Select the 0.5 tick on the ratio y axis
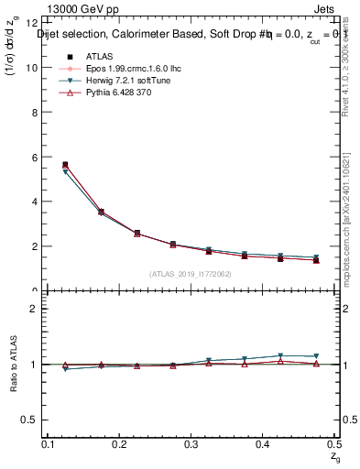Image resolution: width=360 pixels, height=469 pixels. pos(29,420)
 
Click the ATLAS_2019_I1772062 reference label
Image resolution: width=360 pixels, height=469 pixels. pos(190,274)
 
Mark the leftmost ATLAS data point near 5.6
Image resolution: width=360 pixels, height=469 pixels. pos(64,165)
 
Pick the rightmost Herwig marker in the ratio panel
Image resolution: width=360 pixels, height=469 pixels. pos(316,356)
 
